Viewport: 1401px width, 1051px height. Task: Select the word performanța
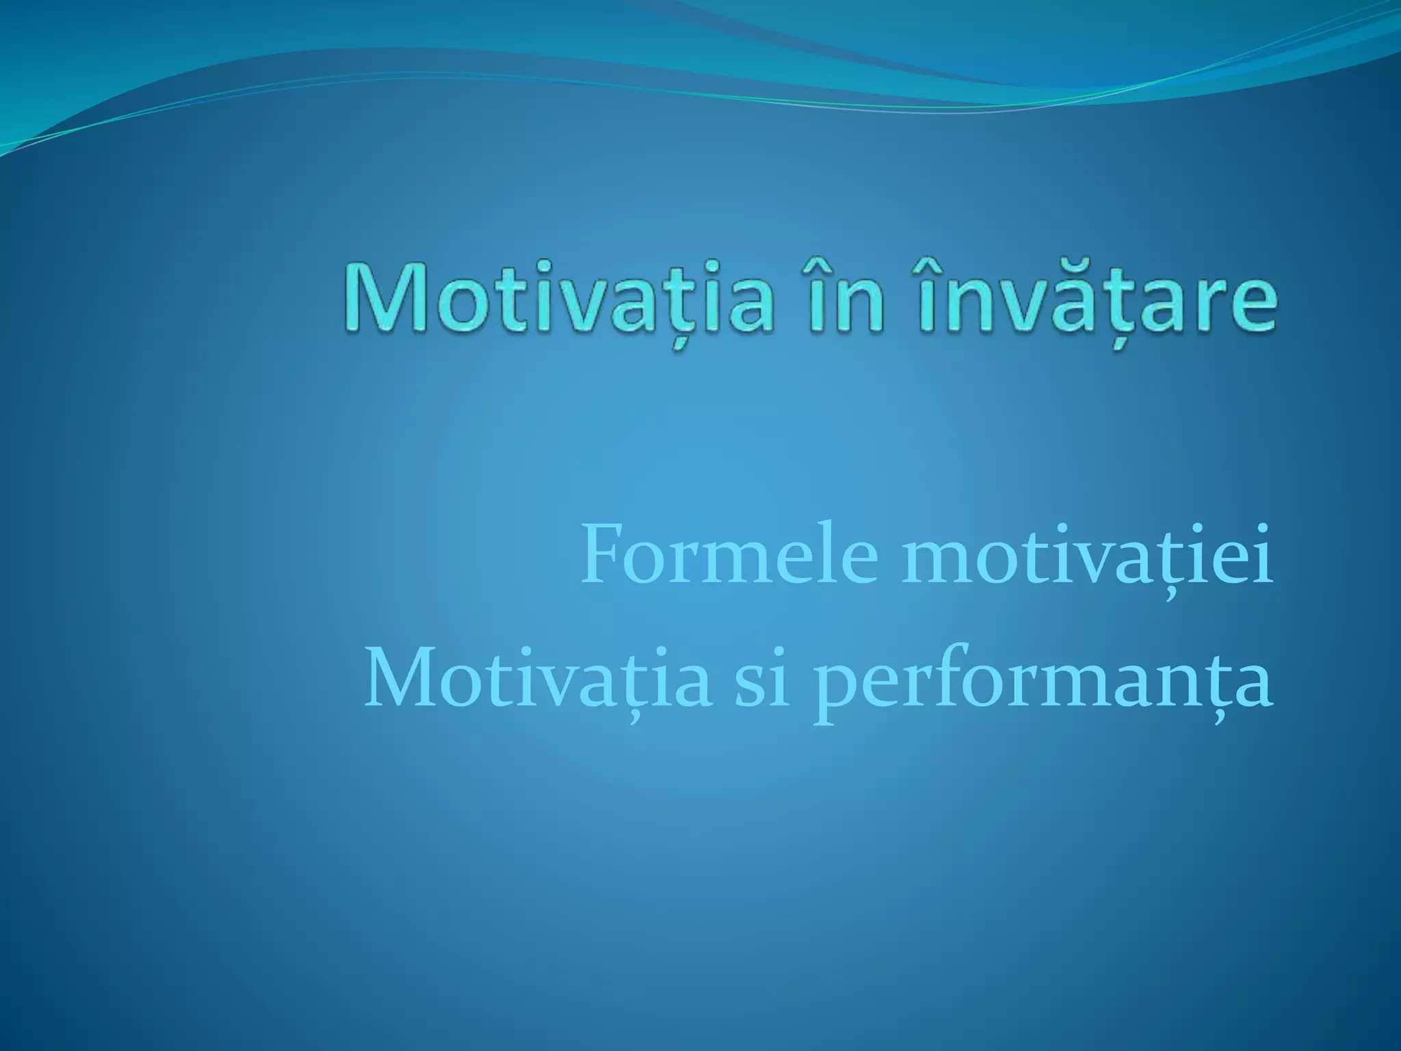pyautogui.click(x=1043, y=682)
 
